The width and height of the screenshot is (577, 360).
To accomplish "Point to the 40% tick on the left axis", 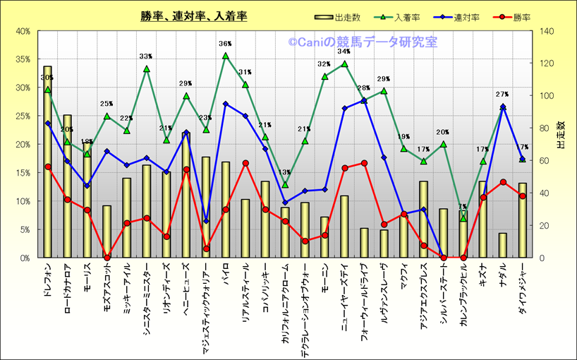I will [x=22, y=31].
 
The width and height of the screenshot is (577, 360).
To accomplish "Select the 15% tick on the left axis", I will [x=22, y=173].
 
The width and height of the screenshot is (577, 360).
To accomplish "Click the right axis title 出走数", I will [x=560, y=135].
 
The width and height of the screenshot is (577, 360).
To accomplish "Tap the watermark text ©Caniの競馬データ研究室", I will [x=362, y=42].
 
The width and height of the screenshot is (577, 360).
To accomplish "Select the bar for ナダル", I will [x=503, y=244].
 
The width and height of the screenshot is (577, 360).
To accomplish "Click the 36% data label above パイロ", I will [x=226, y=44].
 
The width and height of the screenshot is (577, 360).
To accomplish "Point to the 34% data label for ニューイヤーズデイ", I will [x=344, y=52].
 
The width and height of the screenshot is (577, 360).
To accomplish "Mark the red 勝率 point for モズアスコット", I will [x=107, y=258].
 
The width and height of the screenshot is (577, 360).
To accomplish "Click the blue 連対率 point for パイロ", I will [x=226, y=104].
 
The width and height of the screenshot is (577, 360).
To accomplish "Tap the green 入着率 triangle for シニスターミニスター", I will [x=147, y=69].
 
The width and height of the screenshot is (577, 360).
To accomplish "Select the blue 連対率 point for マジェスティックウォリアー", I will [x=206, y=221].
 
